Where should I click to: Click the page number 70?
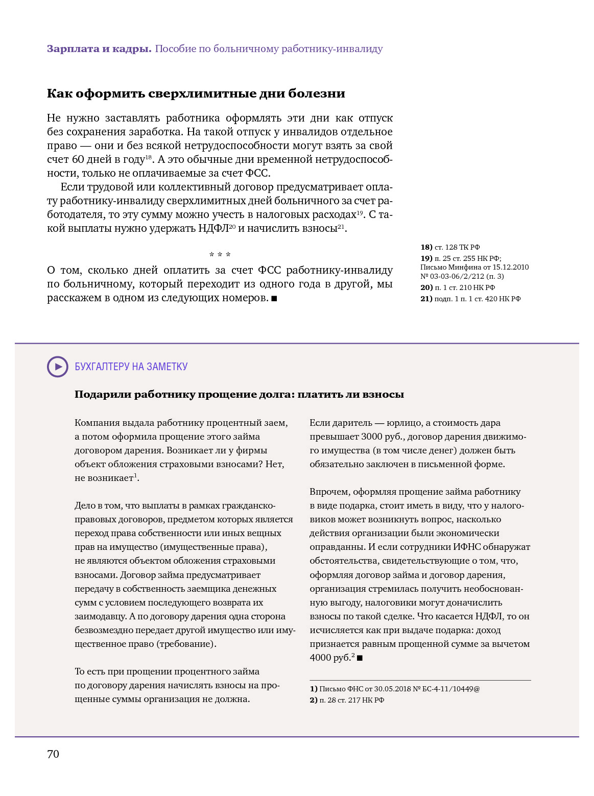(53, 754)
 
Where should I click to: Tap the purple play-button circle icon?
(57, 367)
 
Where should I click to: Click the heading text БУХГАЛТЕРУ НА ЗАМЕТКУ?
(131, 367)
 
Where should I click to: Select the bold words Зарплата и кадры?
(99, 49)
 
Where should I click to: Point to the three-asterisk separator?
(220, 255)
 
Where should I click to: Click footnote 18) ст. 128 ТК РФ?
(450, 247)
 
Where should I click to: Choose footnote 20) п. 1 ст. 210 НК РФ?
(458, 287)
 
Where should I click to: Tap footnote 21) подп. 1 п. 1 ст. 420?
(470, 299)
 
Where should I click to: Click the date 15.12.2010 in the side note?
(510, 267)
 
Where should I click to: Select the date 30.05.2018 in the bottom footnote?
(392, 689)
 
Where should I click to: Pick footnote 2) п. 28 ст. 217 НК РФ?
(347, 700)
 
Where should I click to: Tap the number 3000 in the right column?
(372, 437)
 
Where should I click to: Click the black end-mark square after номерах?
(274, 298)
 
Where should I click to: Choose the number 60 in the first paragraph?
(78, 159)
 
